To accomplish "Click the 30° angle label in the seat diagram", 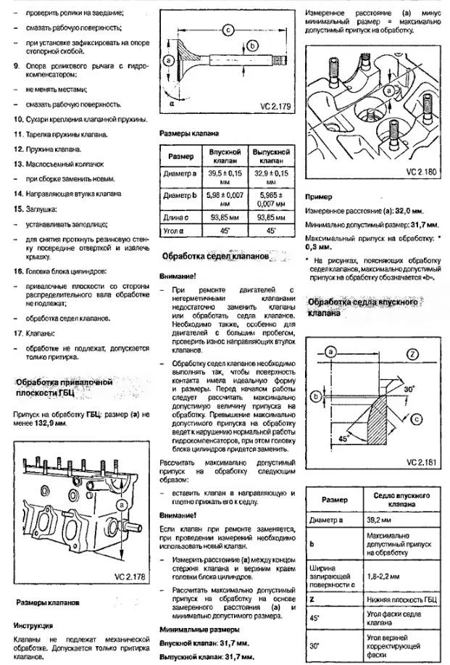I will [x=408, y=389].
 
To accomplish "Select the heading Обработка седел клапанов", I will [x=215, y=257].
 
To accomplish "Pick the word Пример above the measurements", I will [x=318, y=197].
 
